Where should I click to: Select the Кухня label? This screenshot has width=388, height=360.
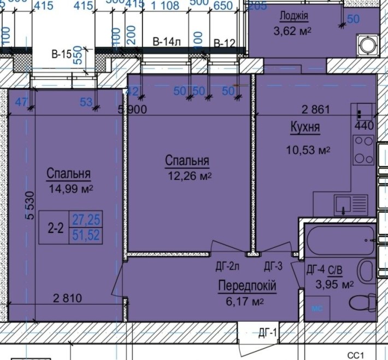pyautogui.click(x=304, y=128)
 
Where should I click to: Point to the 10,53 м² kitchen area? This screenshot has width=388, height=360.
pyautogui.click(x=309, y=149)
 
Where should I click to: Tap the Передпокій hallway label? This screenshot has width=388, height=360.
pyautogui.click(x=246, y=286)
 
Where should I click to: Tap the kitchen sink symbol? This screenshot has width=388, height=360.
pyautogui.click(x=343, y=205)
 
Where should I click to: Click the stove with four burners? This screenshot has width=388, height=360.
pyautogui.click(x=362, y=150)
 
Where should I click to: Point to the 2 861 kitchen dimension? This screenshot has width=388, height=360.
pyautogui.click(x=316, y=109)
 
